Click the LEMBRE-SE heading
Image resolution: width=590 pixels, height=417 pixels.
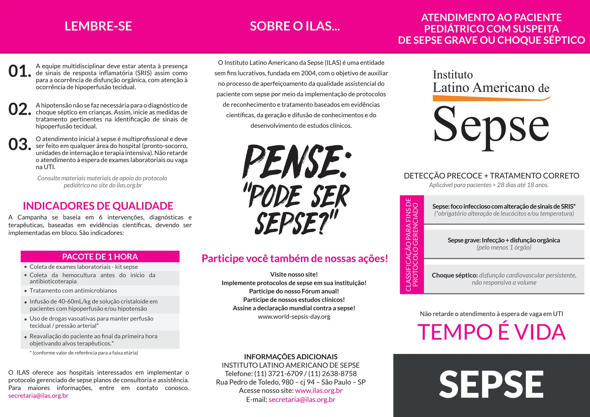tap(98, 26)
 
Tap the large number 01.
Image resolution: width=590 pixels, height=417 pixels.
tap(20, 71)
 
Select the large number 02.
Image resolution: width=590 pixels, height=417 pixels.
tap(20, 109)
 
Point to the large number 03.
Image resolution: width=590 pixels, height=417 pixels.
tap(20, 144)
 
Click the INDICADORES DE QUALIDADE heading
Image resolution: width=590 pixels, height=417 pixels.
tap(98, 206)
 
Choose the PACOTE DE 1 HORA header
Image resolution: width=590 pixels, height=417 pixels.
tap(100, 257)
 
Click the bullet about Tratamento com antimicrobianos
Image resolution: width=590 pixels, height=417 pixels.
tap(73, 291)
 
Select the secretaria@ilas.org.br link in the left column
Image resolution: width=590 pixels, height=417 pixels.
tap(38, 396)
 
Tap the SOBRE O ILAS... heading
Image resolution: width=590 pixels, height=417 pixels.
tap(295, 26)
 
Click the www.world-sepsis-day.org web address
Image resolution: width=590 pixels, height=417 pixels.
tap(294, 317)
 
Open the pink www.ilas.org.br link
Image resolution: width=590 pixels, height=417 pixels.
tap(319, 391)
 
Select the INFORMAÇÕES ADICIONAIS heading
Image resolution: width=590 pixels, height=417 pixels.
tap(291, 357)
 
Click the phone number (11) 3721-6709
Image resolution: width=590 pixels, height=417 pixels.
tap(278, 374)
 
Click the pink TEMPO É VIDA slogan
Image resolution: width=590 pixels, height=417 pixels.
tap(491, 332)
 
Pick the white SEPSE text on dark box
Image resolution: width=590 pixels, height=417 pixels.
tap(491, 384)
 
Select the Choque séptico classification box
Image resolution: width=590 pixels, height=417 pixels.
tap(504, 279)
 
